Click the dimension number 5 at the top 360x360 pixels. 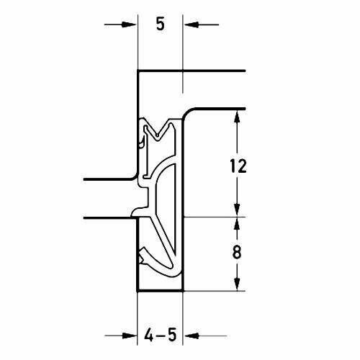[161, 24]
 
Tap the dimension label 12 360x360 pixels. [238, 166]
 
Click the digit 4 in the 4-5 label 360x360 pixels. [149, 335]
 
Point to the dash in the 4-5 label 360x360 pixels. [160, 336]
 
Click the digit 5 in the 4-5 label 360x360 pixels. [171, 335]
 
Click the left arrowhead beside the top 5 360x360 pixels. [129, 24]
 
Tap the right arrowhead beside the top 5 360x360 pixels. [192, 24]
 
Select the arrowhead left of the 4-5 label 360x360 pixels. [130, 336]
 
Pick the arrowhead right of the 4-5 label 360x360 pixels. [192, 336]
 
